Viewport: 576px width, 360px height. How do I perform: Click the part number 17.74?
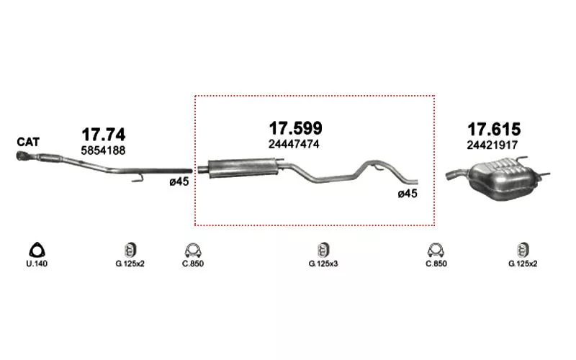[103, 135]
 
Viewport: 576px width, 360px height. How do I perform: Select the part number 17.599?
[296, 128]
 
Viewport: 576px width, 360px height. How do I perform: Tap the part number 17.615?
[494, 130]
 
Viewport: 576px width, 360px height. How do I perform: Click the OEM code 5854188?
[103, 150]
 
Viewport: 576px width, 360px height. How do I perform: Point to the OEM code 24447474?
[294, 144]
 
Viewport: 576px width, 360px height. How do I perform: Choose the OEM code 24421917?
[492, 145]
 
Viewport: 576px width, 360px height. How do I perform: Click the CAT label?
[28, 142]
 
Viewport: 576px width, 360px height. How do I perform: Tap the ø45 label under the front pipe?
[179, 181]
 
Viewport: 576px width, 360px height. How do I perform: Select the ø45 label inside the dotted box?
[408, 194]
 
